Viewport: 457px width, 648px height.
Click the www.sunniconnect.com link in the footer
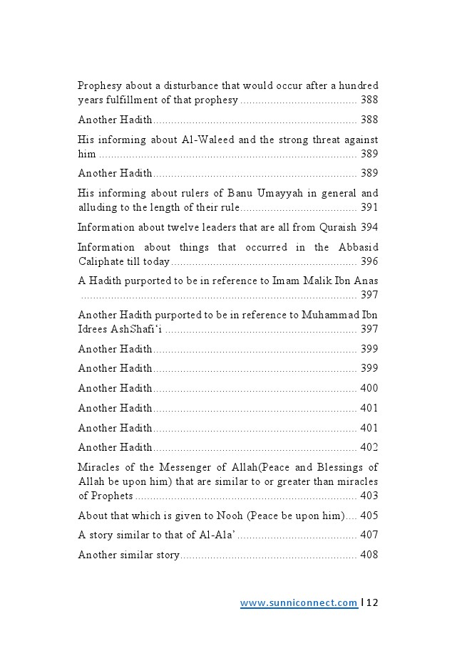(299, 602)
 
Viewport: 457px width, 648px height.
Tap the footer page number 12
(372, 602)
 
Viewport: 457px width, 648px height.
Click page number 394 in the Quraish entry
(369, 227)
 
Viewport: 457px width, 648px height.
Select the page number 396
(369, 261)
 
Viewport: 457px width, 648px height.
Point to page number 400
(369, 388)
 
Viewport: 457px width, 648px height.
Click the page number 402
(369, 447)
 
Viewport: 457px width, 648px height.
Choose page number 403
(369, 496)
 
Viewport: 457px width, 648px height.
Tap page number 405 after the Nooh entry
(369, 516)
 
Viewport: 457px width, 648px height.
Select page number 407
(369, 535)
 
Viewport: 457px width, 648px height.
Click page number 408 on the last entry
(369, 555)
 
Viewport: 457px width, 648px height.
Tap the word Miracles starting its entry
(98, 467)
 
